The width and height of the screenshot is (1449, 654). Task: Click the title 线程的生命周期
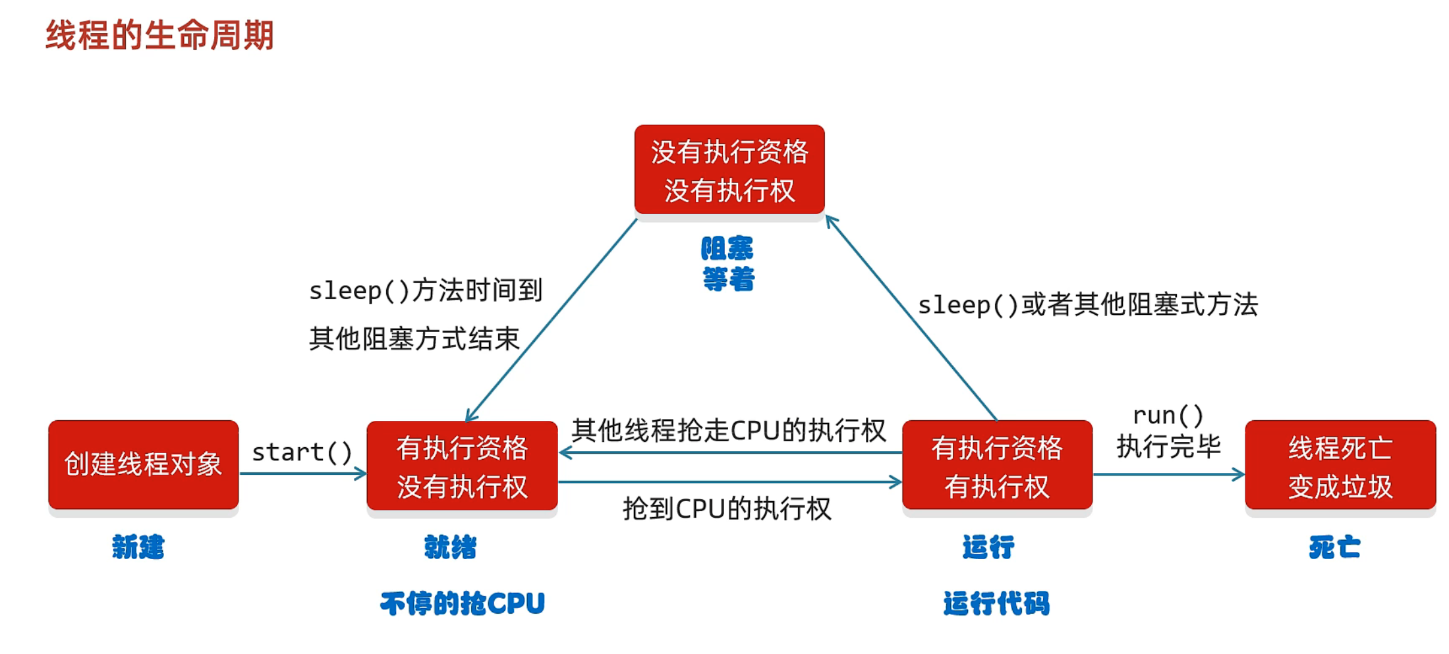[159, 35]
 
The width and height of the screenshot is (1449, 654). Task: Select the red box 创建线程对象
[143, 464]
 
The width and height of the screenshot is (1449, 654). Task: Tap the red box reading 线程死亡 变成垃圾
[1340, 466]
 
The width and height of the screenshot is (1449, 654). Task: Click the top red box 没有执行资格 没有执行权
[729, 170]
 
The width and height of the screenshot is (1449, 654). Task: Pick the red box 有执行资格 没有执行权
[462, 466]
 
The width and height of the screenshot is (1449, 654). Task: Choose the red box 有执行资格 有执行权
[996, 466]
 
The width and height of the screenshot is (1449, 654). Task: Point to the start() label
[302, 452]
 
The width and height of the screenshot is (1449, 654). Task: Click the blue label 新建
[138, 547]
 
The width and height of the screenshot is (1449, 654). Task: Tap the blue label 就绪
[450, 547]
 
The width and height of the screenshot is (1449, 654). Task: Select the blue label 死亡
[1334, 547]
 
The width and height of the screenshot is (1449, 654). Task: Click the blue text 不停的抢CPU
[462, 603]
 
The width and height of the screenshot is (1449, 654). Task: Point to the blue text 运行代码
[996, 603]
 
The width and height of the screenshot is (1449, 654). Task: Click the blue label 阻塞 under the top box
[727, 249]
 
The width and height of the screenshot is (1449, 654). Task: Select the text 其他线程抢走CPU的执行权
[728, 431]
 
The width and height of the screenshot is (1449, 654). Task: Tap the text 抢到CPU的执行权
[727, 508]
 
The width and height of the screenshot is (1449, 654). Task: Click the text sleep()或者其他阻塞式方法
[1087, 305]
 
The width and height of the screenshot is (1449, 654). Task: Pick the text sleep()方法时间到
[426, 290]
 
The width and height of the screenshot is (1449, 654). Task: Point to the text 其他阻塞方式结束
[414, 339]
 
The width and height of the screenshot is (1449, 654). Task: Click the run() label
[1168, 416]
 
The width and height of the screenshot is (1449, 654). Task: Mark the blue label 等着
[728, 279]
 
